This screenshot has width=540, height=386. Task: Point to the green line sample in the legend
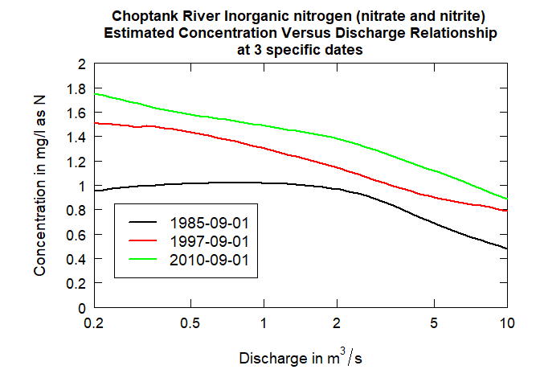pyautogui.click(x=141, y=259)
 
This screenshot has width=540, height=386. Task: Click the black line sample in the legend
pyautogui.click(x=141, y=220)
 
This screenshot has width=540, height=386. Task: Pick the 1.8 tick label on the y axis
pyautogui.click(x=76, y=88)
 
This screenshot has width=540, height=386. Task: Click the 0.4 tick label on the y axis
pyautogui.click(x=76, y=259)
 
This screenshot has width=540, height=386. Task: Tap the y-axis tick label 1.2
pyautogui.click(x=76, y=161)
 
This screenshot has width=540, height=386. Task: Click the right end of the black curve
pyautogui.click(x=506, y=248)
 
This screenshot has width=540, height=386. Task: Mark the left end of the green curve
pyautogui.click(x=95, y=93)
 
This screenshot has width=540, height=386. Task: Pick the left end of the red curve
pyautogui.click(x=95, y=123)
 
